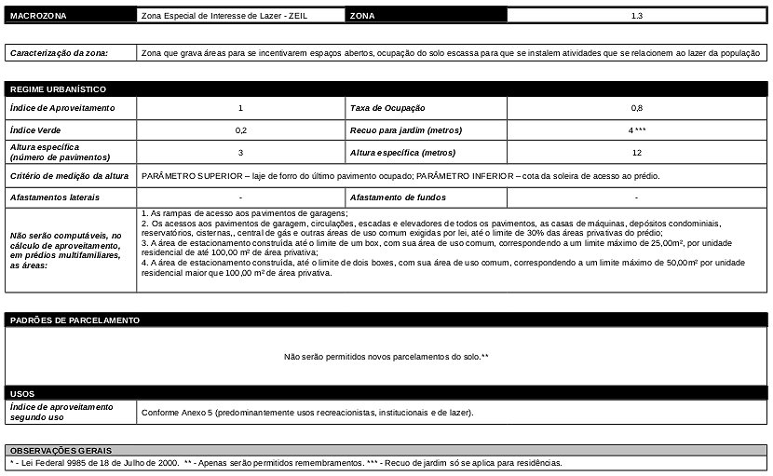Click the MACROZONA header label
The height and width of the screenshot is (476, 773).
[38, 17]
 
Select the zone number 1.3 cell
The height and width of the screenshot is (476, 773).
[636, 17]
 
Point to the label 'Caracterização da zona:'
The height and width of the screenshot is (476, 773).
[59, 53]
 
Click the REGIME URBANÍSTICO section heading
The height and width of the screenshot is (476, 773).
[58, 89]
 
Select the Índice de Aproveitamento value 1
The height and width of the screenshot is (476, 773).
[240, 108]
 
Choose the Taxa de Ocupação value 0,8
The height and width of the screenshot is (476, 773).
[636, 108]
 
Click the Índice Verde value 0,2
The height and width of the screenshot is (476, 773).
[240, 130]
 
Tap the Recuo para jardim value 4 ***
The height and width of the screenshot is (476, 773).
[636, 130]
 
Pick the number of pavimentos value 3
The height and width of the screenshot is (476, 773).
[240, 153]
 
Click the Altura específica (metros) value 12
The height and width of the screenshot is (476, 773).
[636, 153]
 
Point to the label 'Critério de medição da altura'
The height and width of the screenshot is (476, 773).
[69, 175]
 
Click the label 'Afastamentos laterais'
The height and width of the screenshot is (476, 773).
[55, 197]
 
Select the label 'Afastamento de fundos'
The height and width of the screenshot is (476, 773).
[398, 197]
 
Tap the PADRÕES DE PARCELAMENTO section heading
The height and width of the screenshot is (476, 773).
[75, 320]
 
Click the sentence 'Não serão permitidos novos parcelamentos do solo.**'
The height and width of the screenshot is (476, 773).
[386, 357]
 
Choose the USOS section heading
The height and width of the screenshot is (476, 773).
[23, 394]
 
